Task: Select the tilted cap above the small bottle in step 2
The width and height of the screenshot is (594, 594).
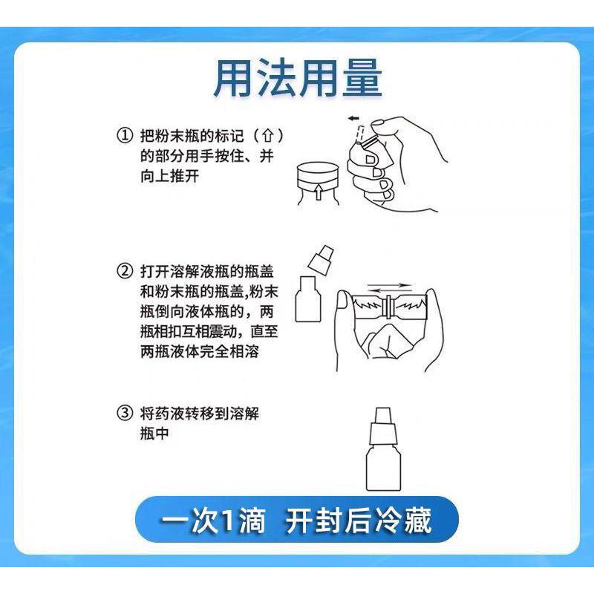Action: point(318,258)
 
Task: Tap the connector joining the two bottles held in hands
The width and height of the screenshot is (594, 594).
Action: point(388,307)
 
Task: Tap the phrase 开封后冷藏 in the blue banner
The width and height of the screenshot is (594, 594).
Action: point(359,522)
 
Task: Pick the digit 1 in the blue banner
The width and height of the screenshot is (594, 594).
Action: point(226,523)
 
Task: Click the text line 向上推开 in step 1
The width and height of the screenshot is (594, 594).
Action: point(169,177)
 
